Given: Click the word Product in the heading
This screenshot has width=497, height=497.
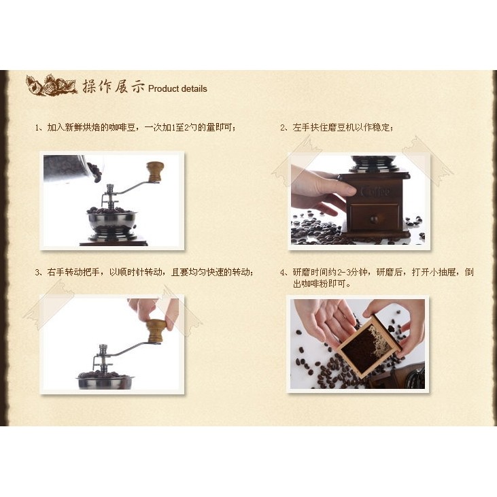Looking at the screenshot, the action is click(163, 89).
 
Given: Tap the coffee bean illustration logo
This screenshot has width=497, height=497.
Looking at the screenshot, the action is click(52, 84).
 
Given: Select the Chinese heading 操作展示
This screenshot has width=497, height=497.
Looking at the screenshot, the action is click(114, 86).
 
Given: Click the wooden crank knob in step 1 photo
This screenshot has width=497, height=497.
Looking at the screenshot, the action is click(155, 171).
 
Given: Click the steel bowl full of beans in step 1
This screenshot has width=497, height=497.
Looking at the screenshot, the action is click(112, 221).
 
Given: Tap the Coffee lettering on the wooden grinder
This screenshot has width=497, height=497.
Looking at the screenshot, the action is click(375, 192).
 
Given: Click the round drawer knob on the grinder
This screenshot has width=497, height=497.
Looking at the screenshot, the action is click(375, 220).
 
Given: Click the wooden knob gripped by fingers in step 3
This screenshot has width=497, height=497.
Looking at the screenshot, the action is click(155, 330).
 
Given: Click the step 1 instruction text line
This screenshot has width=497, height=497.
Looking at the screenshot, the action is click(136, 127).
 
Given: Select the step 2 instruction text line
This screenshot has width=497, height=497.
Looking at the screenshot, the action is click(337, 127).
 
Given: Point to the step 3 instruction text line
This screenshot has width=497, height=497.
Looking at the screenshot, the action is click(144, 272).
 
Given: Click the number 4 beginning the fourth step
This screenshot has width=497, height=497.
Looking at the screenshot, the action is click(283, 273).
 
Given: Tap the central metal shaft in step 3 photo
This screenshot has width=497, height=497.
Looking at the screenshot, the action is click(103, 358).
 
